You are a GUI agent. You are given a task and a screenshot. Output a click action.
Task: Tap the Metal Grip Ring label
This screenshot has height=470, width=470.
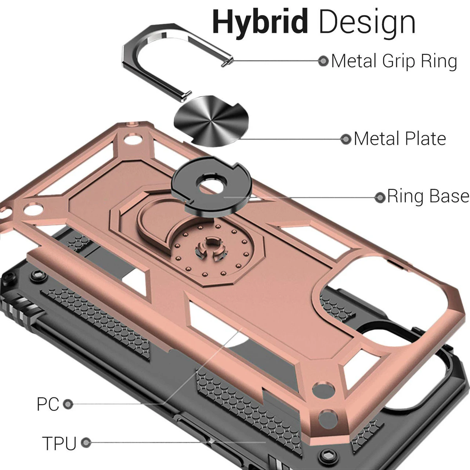click(x=394, y=61)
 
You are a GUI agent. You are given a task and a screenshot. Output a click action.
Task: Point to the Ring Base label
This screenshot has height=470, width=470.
click(x=428, y=196)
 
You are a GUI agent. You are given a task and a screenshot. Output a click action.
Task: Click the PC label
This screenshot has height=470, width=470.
click(x=48, y=404)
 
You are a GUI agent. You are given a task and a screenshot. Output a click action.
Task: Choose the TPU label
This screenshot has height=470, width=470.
click(x=59, y=443)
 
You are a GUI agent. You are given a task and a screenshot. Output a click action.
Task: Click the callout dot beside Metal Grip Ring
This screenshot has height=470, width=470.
click(x=323, y=61)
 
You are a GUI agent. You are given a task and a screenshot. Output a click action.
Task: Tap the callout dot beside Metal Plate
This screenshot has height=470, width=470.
click(x=346, y=139)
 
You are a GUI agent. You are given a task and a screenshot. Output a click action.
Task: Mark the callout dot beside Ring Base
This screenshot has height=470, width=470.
click(x=380, y=197)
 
